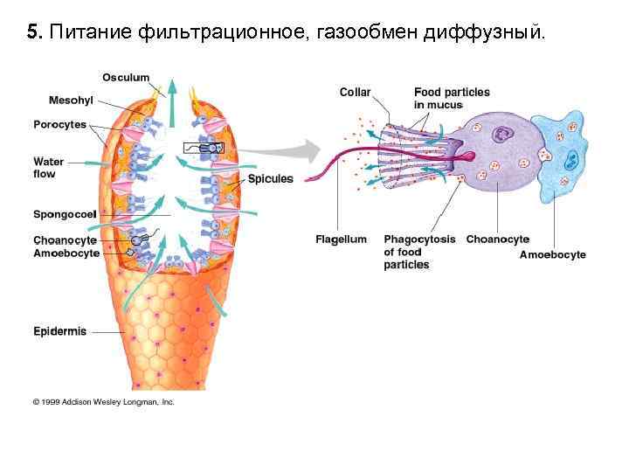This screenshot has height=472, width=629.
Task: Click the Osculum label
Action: point(125,78)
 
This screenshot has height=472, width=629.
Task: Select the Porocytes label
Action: point(60,124)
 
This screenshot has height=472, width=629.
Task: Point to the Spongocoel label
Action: point(65,213)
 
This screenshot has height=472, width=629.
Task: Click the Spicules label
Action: point(271,179)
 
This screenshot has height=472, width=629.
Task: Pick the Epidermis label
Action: point(59,331)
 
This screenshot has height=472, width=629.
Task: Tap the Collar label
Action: point(356,92)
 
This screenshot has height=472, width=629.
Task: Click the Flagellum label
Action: point(341,239)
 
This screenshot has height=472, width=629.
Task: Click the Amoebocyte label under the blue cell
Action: point(553,255)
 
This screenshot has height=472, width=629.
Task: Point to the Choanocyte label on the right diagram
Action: point(498,239)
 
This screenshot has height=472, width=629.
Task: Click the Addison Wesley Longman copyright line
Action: point(104,401)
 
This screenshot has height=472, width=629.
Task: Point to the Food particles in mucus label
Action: point(452,98)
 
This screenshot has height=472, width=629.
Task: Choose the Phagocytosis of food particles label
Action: point(419,252)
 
